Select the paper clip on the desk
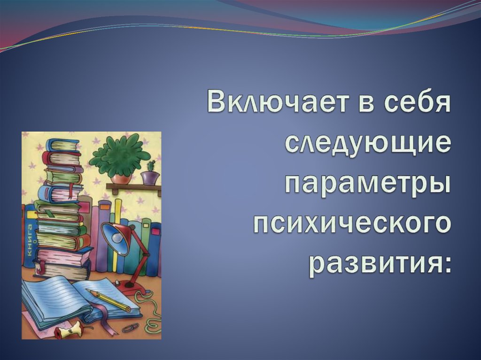click(x=131, y=327)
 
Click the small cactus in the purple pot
click(x=151, y=166)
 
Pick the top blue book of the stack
click(x=62, y=145)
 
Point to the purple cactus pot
click(x=150, y=178)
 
